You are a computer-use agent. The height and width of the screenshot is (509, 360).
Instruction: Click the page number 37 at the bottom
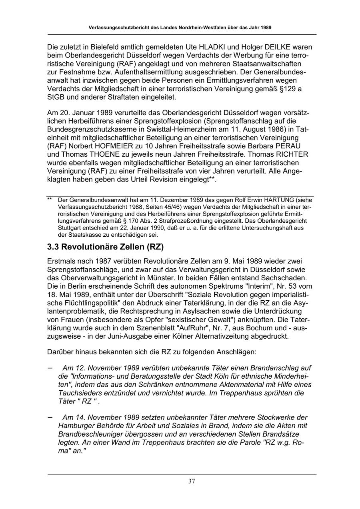[192, 481]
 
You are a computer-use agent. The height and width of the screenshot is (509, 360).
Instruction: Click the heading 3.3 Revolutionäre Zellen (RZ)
[106, 247]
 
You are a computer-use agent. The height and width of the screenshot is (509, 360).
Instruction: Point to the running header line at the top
[180, 28]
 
